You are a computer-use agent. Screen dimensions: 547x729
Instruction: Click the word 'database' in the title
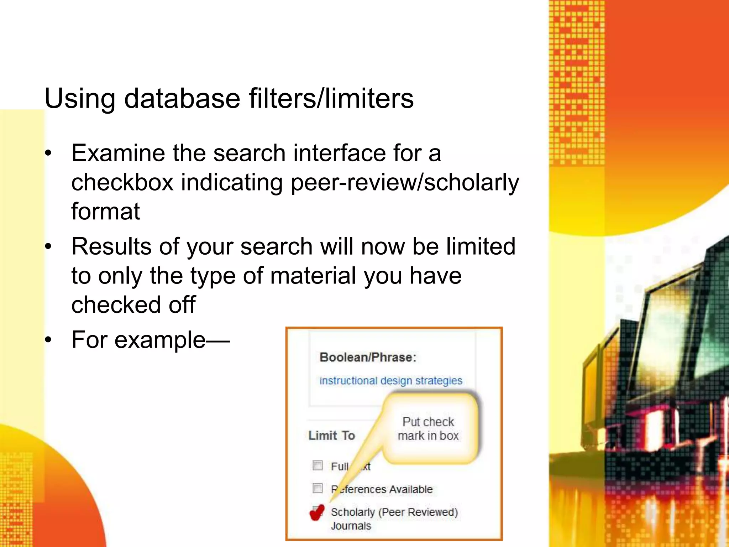point(182,98)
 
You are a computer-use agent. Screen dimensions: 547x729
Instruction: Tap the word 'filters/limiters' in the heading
point(331,98)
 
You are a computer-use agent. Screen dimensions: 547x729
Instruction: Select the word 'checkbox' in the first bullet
point(122,182)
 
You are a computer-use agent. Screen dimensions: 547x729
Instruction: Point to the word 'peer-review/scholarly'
point(405,182)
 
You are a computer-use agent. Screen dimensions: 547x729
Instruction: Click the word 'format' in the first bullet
point(105,212)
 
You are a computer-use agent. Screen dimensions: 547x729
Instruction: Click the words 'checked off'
point(133,305)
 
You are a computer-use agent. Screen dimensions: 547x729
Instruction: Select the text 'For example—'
point(151,340)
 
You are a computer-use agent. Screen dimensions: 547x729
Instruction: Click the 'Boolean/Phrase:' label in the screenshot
point(368,357)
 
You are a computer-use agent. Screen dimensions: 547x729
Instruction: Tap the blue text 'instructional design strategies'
point(390,381)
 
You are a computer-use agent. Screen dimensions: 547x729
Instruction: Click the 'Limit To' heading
point(331,436)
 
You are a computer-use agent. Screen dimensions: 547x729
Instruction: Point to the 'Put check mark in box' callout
point(428,429)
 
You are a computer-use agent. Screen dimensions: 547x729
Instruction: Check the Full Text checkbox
point(317,465)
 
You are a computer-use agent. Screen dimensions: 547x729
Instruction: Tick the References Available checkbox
point(317,488)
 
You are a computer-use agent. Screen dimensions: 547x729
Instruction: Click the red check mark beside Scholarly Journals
point(316,512)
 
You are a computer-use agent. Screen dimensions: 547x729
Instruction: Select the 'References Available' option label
point(382,489)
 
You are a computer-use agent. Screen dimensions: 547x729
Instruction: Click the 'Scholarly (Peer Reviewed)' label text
point(394,512)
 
